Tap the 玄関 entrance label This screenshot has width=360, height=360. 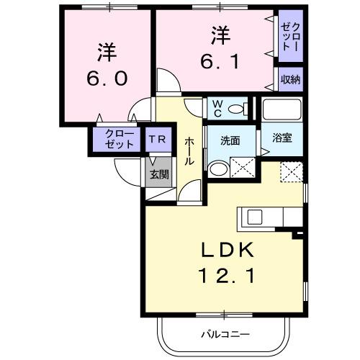[x=159, y=174]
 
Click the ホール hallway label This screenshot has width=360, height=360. [x=189, y=151]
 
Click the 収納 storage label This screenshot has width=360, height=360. [x=291, y=79]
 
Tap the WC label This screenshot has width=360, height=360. [x=216, y=108]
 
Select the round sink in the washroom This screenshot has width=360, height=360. [x=217, y=168]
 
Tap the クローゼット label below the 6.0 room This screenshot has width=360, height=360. [x=120, y=139]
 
